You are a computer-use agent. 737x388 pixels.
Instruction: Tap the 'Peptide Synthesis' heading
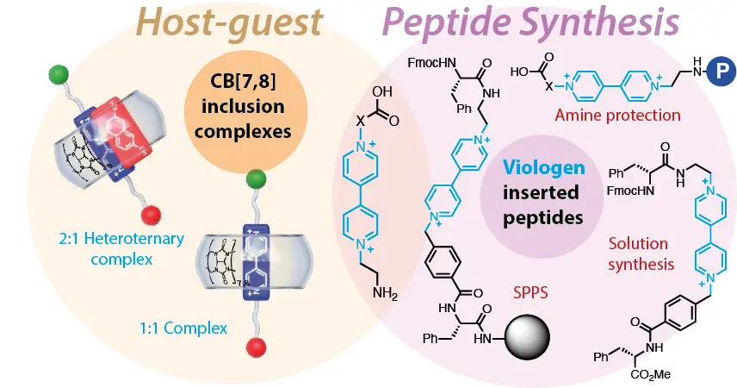click(x=531, y=26)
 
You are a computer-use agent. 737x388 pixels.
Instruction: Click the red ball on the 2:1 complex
click(x=148, y=215)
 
